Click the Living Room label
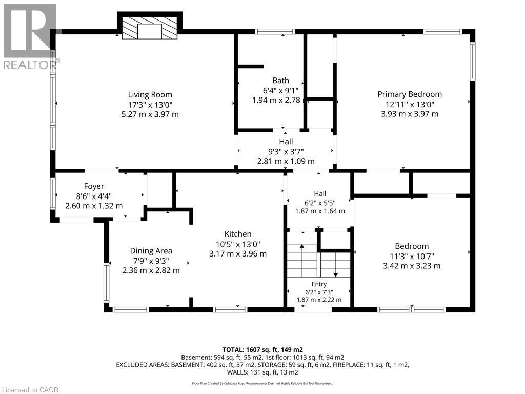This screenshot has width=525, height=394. (150, 95)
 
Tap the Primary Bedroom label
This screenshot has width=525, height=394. (410, 94)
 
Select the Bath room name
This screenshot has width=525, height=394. (280, 81)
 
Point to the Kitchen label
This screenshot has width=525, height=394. (238, 234)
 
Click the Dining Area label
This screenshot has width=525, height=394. (151, 251)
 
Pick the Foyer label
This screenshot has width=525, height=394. (94, 186)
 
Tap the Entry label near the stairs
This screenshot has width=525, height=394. (319, 284)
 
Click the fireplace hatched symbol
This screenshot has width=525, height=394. (149, 28)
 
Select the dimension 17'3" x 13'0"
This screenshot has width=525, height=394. (150, 105)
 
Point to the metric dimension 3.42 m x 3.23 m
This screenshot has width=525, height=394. (412, 266)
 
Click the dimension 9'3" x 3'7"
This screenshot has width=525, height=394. (286, 151)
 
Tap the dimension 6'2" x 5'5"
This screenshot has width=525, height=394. (320, 203)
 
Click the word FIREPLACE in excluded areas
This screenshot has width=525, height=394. (349, 365)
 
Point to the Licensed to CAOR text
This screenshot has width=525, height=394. (30, 390)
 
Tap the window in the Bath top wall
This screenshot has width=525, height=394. (275, 32)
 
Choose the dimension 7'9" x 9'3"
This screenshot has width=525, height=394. (151, 261)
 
